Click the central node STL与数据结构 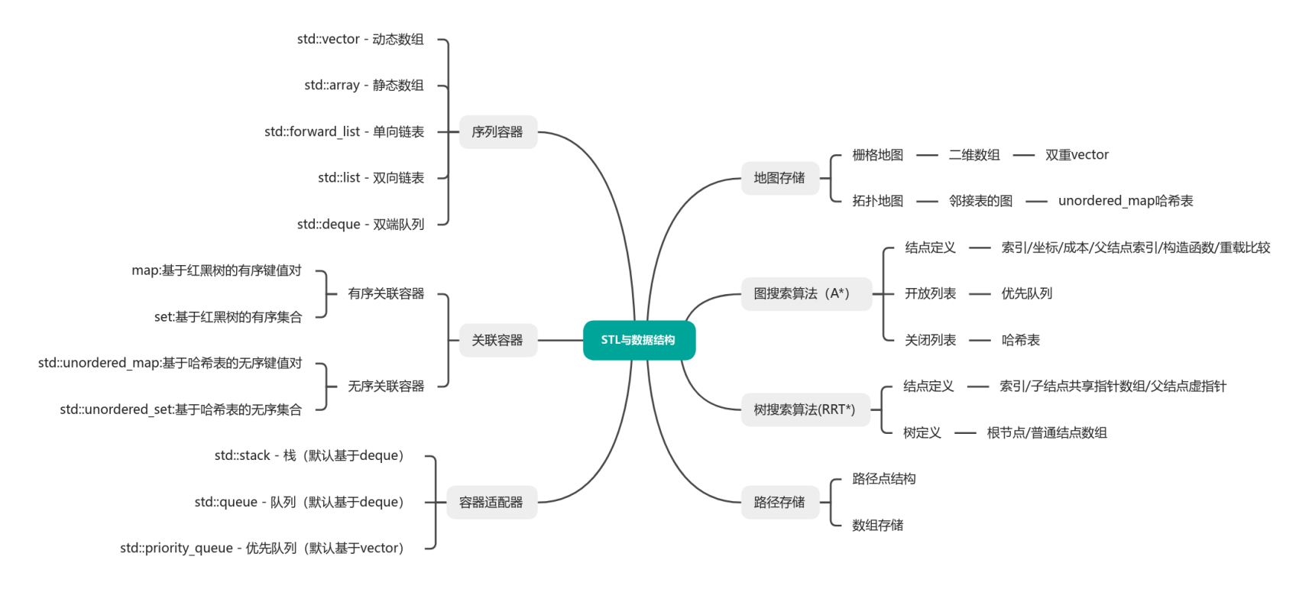pos(639,340)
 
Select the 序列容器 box pos(497,132)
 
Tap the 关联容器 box pos(497,340)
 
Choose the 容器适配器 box pos(491,502)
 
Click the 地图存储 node pos(779,178)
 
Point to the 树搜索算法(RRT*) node pos(805,409)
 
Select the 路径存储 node pos(779,502)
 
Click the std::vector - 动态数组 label pos(360,39)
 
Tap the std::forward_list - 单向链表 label pos(344,131)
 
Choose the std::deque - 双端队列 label pos(360,224)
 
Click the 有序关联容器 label pos(386,293)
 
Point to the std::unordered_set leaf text pos(180,409)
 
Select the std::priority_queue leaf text pos(261,548)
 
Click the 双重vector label pos(1077,154)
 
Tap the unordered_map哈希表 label pos(1126,201)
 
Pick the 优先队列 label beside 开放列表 pos(1027,293)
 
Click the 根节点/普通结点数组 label pos(1047,432)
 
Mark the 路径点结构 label pos(884,479)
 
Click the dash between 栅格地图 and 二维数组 pos(927,155)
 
